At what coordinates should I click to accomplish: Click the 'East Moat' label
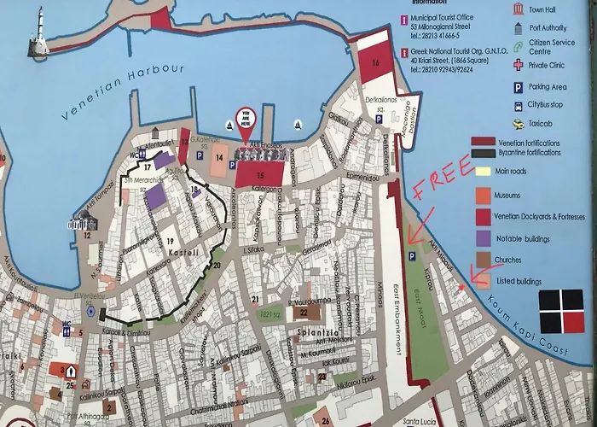point(417,295)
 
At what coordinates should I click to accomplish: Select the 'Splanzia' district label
point(314,330)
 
